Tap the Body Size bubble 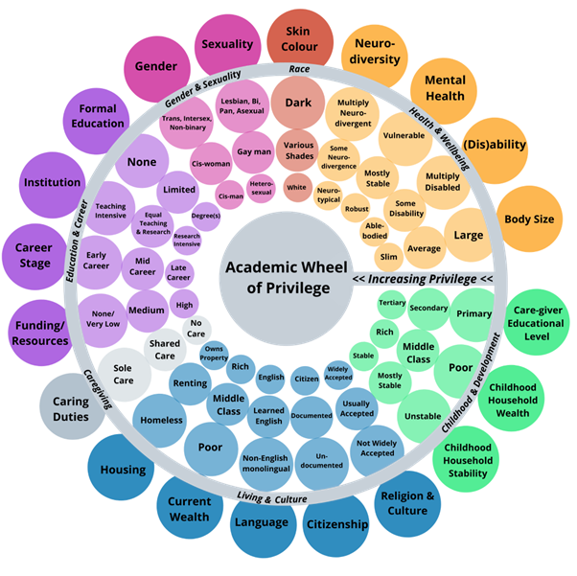(x=529, y=219)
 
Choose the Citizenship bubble (x=336, y=524)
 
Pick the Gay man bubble (x=253, y=152)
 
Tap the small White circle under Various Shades (x=297, y=187)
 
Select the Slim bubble (x=389, y=256)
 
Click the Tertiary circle (x=392, y=303)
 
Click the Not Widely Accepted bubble (x=377, y=447)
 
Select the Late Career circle (x=178, y=274)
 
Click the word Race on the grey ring (x=299, y=69)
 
